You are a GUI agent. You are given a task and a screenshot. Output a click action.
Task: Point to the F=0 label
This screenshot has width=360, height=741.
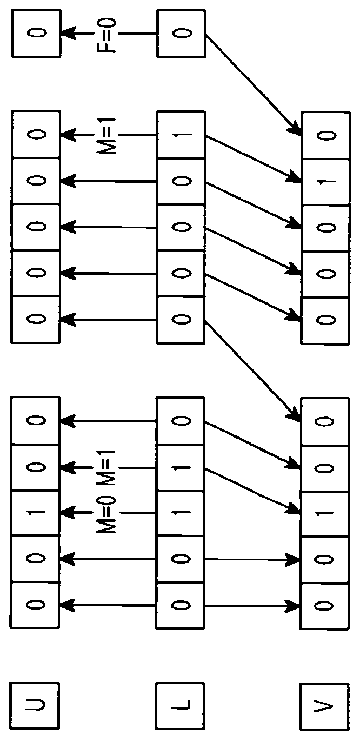[107, 35]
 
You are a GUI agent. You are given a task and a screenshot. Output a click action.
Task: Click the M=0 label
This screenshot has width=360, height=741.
[107, 514]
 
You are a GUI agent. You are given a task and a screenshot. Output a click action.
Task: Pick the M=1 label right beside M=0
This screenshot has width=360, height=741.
[107, 469]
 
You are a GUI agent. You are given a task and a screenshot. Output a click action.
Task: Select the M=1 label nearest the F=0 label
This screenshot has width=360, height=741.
[107, 135]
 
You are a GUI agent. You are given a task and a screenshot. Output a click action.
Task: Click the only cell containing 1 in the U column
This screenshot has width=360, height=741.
[35, 512]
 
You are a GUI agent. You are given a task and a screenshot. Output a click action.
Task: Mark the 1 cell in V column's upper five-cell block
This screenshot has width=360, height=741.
[325, 182]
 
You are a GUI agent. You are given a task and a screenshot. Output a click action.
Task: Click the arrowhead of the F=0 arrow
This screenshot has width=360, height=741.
[68, 33]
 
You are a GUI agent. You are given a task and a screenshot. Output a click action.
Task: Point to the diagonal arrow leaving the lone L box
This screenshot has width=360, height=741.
[253, 85]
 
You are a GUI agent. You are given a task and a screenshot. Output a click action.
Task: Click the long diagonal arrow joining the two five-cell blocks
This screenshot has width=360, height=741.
[252, 371]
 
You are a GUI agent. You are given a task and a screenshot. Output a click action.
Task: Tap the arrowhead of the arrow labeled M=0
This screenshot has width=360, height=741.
[68, 512]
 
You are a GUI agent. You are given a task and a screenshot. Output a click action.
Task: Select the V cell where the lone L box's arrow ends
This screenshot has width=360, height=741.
[325, 136]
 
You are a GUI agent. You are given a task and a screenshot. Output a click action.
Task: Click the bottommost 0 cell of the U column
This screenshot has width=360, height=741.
[35, 604]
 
